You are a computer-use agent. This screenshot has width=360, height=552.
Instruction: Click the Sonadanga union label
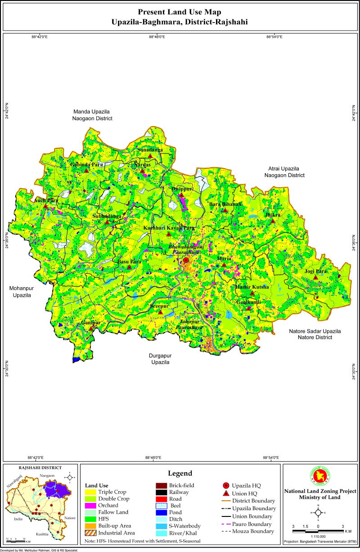(x=150, y=149)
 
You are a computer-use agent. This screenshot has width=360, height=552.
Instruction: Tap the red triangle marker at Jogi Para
(x=316, y=279)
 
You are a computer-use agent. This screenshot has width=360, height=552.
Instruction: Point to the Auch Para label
(x=46, y=200)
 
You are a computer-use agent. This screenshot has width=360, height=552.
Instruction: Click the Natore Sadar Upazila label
(x=315, y=334)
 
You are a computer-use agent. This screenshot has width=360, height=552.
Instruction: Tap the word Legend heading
(x=180, y=473)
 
